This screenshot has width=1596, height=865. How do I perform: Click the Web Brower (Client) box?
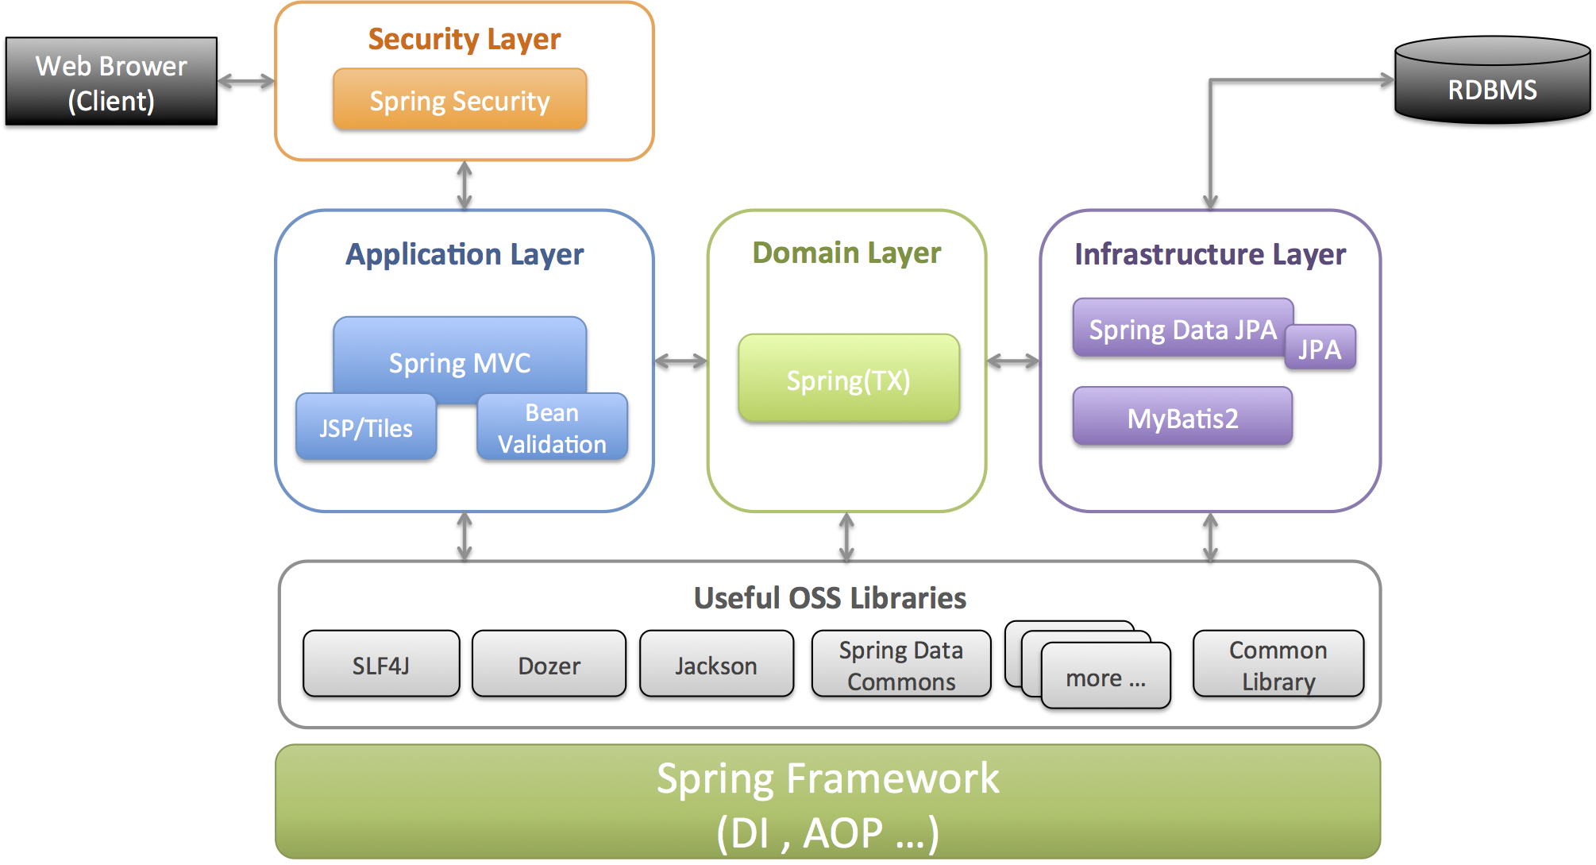tap(111, 82)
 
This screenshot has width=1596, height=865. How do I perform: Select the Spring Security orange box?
tap(460, 100)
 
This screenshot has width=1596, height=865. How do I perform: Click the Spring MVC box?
tap(460, 355)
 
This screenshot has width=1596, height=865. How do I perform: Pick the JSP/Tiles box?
tap(365, 428)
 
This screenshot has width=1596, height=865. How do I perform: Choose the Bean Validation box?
tap(552, 428)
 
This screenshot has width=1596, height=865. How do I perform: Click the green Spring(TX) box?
tap(848, 379)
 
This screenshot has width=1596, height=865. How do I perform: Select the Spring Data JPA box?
tap(1182, 328)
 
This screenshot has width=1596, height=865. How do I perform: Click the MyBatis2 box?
tap(1182, 417)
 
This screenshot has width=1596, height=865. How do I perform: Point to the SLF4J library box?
tap(381, 665)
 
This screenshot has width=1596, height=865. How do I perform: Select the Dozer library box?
tap(549, 665)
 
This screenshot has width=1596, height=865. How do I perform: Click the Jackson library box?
tap(716, 665)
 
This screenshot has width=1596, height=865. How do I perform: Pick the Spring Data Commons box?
tap(901, 665)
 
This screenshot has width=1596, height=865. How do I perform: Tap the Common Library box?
tap(1278, 665)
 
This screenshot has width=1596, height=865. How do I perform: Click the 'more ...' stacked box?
tap(1105, 678)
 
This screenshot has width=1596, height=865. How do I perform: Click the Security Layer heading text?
tap(464, 39)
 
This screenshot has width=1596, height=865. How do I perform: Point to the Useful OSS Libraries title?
tap(830, 597)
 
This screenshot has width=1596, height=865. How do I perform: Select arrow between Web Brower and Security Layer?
tap(246, 81)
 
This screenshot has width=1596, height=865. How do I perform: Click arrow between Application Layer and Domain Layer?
tap(680, 361)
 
